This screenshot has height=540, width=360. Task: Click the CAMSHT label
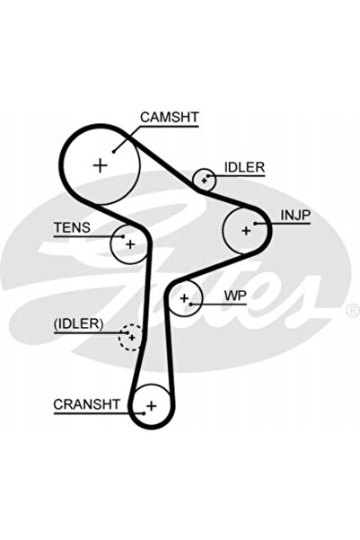point(170,117)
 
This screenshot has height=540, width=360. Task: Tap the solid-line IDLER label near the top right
point(245,167)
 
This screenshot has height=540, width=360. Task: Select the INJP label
point(295,216)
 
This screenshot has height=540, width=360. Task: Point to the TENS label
point(73,227)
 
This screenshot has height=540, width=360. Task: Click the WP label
point(235,296)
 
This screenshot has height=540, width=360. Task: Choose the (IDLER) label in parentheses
point(78,323)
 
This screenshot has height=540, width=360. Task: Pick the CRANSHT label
point(87,404)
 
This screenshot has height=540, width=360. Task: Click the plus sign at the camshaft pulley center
point(101,165)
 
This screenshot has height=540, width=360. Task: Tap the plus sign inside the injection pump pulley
point(246,230)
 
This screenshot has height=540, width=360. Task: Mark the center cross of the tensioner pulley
point(130,244)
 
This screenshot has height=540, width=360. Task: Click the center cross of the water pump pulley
point(184,298)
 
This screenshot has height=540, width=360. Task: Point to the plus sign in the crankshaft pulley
point(152,406)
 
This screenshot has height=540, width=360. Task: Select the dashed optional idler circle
point(119,338)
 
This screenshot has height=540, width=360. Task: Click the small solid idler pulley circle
point(193,179)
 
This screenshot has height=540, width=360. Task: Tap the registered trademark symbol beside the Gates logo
point(353,311)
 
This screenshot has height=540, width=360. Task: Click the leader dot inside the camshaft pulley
point(114,151)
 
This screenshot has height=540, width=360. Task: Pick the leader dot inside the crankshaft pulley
point(143,413)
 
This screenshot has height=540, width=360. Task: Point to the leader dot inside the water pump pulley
point(190,304)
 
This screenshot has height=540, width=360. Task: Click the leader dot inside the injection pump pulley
point(255,224)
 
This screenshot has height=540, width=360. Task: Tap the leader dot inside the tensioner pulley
point(123,236)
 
